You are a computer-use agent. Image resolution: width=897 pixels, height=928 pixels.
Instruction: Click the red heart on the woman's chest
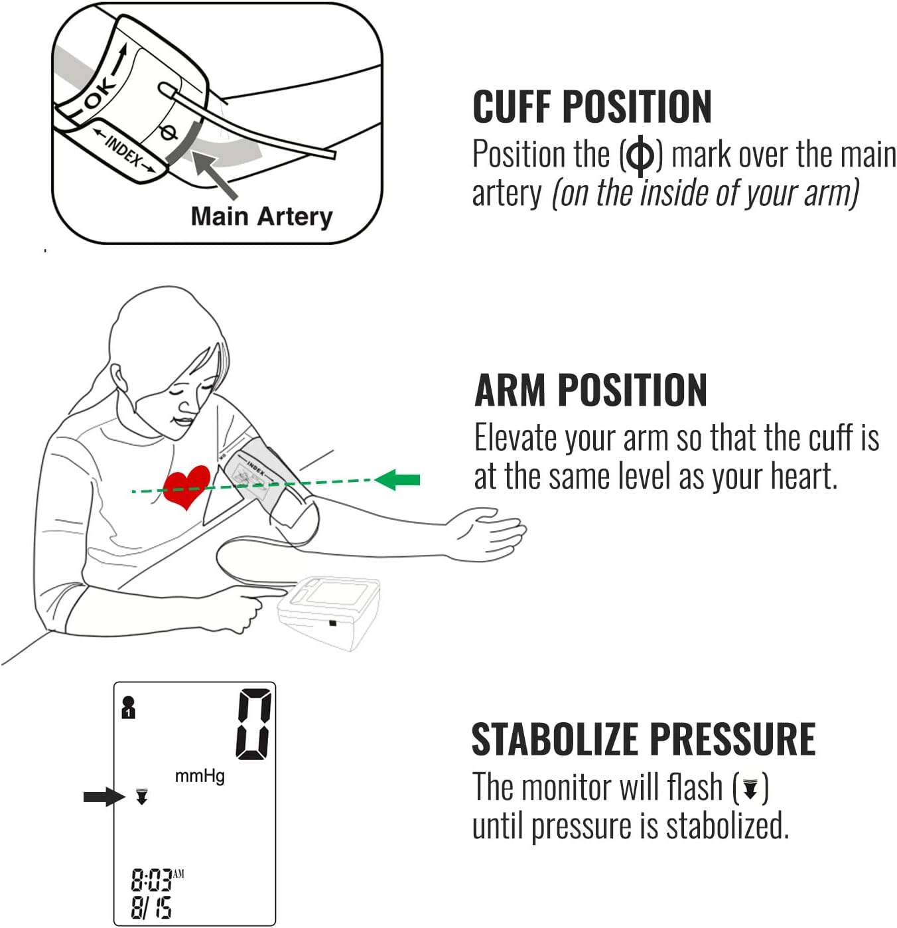tap(186, 486)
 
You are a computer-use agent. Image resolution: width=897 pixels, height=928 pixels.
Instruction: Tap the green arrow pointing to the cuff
tap(398, 479)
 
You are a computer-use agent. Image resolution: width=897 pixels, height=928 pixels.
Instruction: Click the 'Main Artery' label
tap(261, 216)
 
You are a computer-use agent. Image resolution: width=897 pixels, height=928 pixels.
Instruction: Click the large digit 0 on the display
tap(254, 724)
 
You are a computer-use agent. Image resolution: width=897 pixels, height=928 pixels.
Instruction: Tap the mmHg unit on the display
tap(200, 775)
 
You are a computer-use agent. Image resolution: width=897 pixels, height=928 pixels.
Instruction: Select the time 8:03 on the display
tap(151, 881)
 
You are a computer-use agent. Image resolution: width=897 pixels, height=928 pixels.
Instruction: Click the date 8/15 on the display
tap(151, 907)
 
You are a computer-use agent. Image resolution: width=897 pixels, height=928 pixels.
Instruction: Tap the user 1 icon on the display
tap(129, 708)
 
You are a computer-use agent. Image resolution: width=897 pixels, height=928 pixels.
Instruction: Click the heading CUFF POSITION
tap(592, 107)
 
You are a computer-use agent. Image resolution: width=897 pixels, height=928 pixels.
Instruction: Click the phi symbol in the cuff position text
tap(640, 155)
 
